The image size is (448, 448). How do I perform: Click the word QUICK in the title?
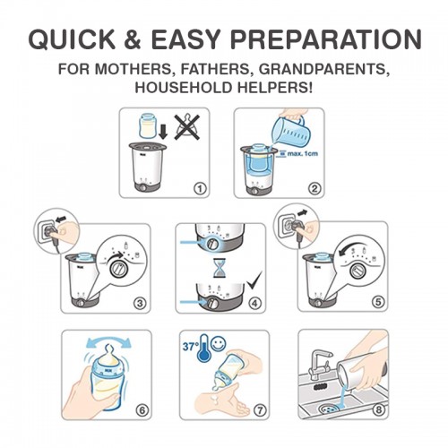tap(73, 39)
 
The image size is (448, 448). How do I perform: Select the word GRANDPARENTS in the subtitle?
tap(324, 69)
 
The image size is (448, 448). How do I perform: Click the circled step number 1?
tap(200, 188)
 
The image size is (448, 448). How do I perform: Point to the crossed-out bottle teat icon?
tap(187, 127)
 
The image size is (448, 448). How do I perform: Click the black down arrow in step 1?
tap(163, 133)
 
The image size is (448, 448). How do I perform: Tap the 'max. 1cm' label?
tap(302, 154)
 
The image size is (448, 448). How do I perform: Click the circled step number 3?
tap(140, 303)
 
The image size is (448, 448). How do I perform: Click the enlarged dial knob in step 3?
tap(118, 269)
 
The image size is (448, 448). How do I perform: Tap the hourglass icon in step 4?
tap(219, 268)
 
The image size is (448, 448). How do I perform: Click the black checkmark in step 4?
tap(254, 280)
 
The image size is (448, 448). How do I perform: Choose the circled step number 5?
tap(378, 302)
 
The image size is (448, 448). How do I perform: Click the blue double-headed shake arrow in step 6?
tap(108, 340)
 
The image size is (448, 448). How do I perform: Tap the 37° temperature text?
tap(191, 347)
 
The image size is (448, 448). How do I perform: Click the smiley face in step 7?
tap(219, 343)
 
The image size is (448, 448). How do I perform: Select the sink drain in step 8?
tap(329, 409)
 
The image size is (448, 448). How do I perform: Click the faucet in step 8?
tap(319, 363)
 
